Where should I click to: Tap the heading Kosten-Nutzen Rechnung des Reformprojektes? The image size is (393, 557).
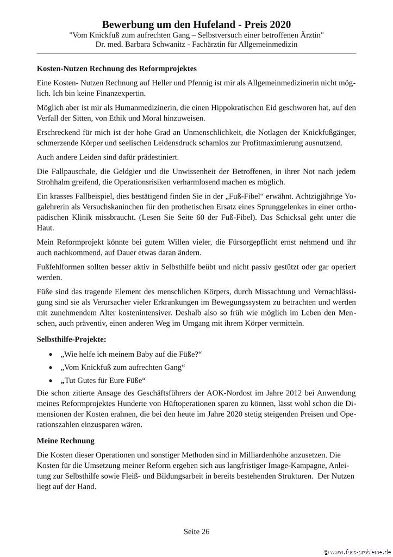(x=116, y=69)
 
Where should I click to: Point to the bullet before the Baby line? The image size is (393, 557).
(x=51, y=355)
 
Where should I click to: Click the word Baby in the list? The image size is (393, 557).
(x=140, y=355)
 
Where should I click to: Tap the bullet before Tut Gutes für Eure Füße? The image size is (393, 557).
(x=51, y=380)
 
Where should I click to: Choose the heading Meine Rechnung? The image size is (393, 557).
(x=65, y=440)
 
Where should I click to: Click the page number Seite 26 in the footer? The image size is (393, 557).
(x=196, y=531)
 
